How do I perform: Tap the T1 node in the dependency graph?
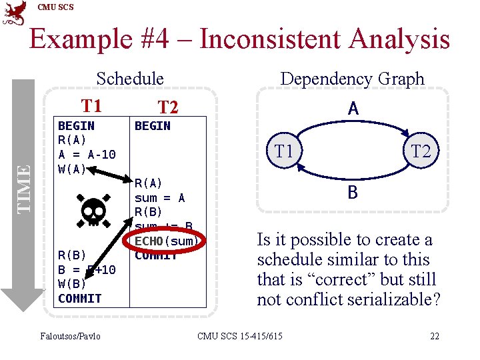click(285, 151)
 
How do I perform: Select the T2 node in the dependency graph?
click(421, 151)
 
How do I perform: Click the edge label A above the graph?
click(353, 109)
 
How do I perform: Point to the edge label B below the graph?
click(353, 193)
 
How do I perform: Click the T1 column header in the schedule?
click(91, 105)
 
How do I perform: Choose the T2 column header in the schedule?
click(167, 107)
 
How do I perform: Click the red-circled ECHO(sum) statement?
click(167, 241)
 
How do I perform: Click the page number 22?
click(435, 335)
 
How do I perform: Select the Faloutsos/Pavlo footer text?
click(71, 335)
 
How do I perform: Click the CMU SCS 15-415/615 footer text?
click(240, 335)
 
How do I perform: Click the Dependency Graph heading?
click(352, 79)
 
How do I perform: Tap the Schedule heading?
click(130, 79)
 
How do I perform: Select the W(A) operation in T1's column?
click(72, 169)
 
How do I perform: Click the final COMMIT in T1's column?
click(80, 298)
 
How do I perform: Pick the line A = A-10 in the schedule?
click(87, 155)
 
